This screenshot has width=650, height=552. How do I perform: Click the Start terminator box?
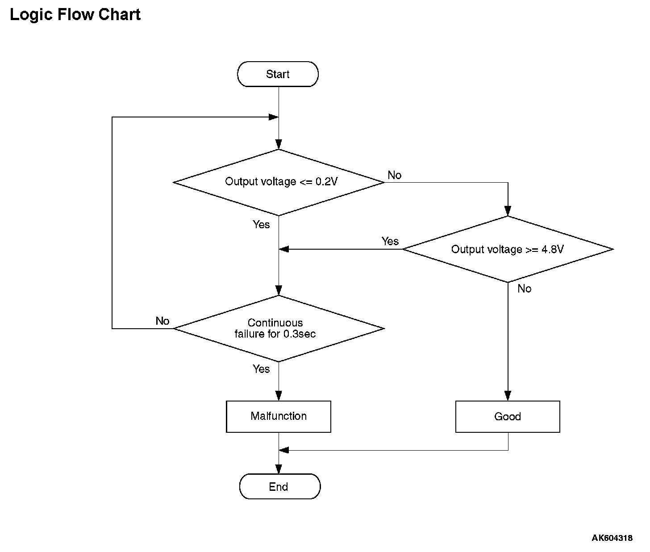[x=278, y=74]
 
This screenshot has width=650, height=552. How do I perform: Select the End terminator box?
[x=280, y=487]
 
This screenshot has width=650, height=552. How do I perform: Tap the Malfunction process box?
[x=278, y=416]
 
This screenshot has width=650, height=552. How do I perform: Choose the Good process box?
[x=508, y=416]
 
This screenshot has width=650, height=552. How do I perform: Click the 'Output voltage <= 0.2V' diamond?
[x=279, y=182]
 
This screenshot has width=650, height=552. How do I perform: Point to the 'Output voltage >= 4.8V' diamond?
[x=508, y=249]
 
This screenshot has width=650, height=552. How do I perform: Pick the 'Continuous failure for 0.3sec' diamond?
[x=279, y=328]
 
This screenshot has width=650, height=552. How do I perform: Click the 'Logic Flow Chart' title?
[x=75, y=14]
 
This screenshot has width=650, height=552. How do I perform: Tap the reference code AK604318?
[x=612, y=538]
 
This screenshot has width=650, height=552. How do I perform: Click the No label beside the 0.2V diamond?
[x=394, y=175]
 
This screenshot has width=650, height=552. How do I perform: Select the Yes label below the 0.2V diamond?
[x=261, y=224]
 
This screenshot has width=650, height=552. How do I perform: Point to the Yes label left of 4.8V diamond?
[x=390, y=241]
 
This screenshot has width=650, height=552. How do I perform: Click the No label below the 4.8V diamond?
[x=524, y=289]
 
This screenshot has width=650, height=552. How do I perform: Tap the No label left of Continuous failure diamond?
[x=162, y=321]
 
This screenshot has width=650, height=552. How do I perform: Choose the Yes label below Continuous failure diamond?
[x=261, y=368]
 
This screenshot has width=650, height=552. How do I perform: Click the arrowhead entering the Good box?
[x=508, y=396]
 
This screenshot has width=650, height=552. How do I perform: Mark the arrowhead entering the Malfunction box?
[x=279, y=396]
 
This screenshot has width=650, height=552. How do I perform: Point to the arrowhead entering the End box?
[x=279, y=469]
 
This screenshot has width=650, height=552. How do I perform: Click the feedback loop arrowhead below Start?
[x=274, y=117]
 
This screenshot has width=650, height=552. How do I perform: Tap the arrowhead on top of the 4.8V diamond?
[x=508, y=211]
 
